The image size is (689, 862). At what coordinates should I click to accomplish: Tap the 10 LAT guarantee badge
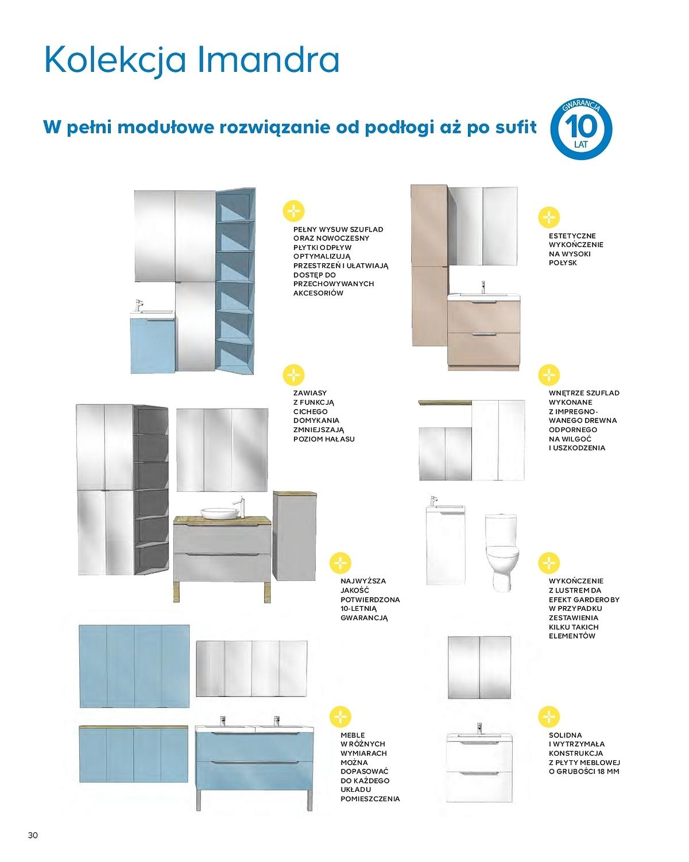pyautogui.click(x=581, y=129)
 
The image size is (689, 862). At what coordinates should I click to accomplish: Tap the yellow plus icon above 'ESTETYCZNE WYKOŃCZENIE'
pyautogui.click(x=549, y=217)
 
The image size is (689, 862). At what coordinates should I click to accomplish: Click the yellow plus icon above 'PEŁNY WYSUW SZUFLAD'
pyautogui.click(x=294, y=211)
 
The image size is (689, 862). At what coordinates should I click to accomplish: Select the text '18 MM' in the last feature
pyautogui.click(x=605, y=771)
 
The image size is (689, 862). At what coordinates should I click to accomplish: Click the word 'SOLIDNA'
pyautogui.click(x=565, y=735)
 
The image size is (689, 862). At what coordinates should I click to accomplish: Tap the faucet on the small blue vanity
pyautogui.click(x=138, y=304)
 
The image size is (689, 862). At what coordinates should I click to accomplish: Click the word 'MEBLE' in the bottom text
pyautogui.click(x=353, y=735)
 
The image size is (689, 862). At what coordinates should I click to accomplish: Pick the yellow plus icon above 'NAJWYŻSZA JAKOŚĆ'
pyautogui.click(x=341, y=563)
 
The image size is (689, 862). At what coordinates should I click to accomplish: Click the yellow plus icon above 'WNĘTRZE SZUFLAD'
pyautogui.click(x=549, y=375)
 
